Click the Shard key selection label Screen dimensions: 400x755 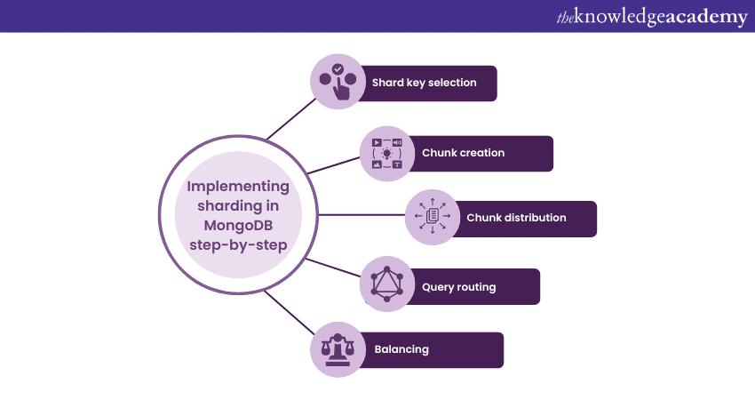tap(424, 83)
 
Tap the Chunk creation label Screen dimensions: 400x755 tap(463, 153)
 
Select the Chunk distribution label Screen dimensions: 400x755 tap(516, 218)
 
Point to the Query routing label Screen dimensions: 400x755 tap(458, 287)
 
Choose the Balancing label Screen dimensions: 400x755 tap(401, 349)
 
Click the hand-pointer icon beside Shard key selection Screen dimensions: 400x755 tap(338, 82)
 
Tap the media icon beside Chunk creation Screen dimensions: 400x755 tap(387, 153)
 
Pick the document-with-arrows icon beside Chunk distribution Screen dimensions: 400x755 tap(433, 217)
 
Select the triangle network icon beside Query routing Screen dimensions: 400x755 tap(387, 285)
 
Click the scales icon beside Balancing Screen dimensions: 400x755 tap(338, 348)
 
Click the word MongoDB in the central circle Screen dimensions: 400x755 tap(238, 226)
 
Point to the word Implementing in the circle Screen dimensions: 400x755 tap(238, 187)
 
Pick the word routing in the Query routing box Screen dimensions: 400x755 tap(477, 287)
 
